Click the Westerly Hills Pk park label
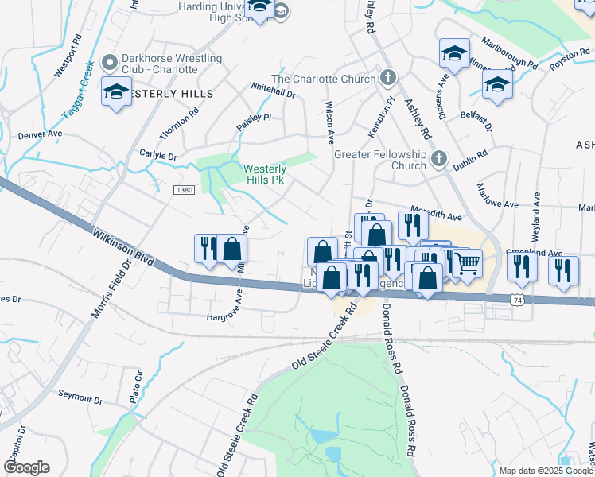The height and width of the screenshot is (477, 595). click(264, 174)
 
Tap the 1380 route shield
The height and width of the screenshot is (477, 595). click(185, 189)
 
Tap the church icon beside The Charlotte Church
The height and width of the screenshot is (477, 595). click(387, 78)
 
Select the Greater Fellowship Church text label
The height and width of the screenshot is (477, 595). click(380, 160)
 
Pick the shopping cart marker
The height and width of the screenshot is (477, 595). click(467, 262)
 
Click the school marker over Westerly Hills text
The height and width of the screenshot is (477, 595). click(116, 92)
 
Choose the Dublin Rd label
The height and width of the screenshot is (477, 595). click(470, 160)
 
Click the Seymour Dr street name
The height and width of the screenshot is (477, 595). click(80, 397)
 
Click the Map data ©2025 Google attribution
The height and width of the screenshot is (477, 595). click(545, 471)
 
